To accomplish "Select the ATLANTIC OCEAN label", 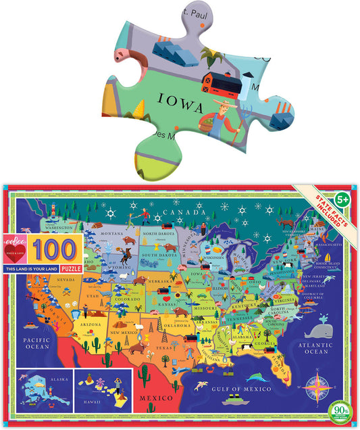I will (317, 348).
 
